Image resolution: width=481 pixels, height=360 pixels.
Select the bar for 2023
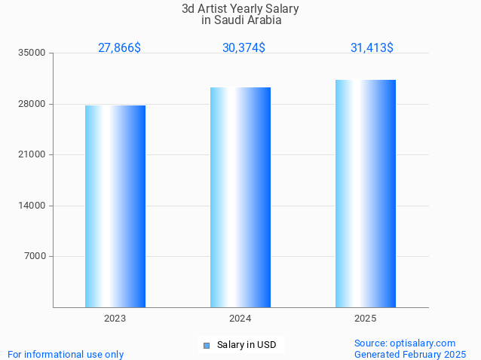pos(115,206)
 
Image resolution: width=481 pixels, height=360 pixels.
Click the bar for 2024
pos(240,197)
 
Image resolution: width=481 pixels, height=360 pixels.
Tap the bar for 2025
pos(366,193)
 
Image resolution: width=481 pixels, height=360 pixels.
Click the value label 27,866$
pos(119,47)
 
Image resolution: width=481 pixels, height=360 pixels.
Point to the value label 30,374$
pos(244,47)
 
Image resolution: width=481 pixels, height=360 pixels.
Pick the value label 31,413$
pos(372,47)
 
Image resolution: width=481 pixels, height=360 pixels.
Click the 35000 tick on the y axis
pos(32,53)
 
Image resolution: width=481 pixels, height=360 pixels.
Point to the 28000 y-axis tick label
pos(32,104)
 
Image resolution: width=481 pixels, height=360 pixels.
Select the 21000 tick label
pos(32,154)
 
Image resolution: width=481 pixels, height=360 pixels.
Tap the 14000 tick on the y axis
pos(32,206)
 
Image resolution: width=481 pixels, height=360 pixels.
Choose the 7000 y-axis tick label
pos(35,256)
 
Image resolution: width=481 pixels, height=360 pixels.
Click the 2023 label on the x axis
pos(115,319)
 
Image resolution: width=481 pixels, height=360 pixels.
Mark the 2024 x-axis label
pos(240,319)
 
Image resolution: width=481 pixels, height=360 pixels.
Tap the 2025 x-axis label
pos(366,319)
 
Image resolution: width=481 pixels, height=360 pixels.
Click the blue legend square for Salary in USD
pos(206,346)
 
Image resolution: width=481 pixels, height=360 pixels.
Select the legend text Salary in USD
pos(247,346)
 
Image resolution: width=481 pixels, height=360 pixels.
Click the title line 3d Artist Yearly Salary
pos(240,9)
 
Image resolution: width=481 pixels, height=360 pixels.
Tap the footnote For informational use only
pos(66,354)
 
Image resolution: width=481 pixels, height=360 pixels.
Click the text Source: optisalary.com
pos(405,343)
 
